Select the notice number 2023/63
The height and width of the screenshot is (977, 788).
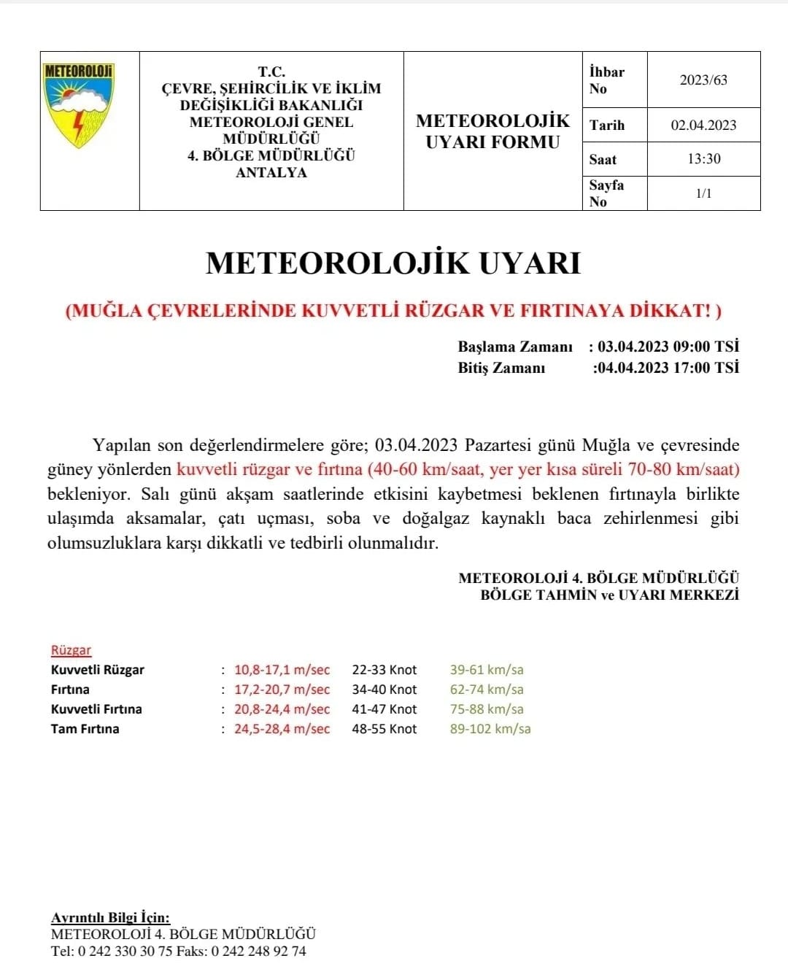[x=703, y=80]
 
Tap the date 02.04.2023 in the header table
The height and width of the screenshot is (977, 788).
[x=703, y=125]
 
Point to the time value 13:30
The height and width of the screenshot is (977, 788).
[x=703, y=159]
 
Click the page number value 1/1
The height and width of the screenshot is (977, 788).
[x=703, y=193]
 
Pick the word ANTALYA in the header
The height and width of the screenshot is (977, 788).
[x=271, y=173]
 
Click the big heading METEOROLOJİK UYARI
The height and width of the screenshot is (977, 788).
[x=393, y=263]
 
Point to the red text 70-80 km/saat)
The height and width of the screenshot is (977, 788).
[x=684, y=469]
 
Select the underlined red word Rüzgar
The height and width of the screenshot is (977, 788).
[x=71, y=650]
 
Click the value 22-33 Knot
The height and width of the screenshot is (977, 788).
[x=385, y=670]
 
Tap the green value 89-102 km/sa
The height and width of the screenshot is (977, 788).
[x=490, y=729]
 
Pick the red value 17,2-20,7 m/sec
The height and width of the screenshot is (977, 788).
[x=282, y=690]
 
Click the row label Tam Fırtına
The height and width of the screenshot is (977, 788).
[x=85, y=729]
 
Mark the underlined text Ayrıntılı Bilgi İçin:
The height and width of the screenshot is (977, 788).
[x=110, y=918]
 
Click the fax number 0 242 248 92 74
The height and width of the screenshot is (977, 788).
[x=258, y=951]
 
